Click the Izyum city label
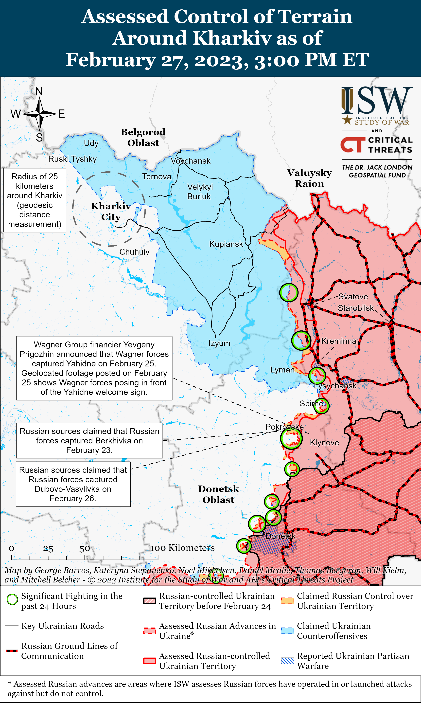tap(219, 343)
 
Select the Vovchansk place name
tap(191, 161)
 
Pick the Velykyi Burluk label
tap(200, 192)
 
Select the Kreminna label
tap(339, 341)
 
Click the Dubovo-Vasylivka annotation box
tap(73, 484)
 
